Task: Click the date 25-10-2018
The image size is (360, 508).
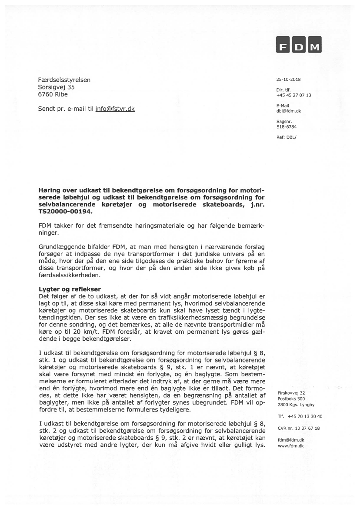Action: (x=288, y=80)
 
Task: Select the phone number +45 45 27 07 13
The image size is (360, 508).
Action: (x=293, y=95)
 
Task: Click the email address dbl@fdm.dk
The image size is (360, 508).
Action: (x=289, y=111)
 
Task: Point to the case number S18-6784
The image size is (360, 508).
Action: (x=287, y=126)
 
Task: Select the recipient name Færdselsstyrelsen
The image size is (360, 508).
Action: (x=64, y=80)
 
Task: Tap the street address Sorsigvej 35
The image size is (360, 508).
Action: (x=57, y=87)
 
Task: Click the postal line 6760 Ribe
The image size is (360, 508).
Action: (x=53, y=94)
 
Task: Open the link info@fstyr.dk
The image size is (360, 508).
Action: (x=115, y=109)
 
